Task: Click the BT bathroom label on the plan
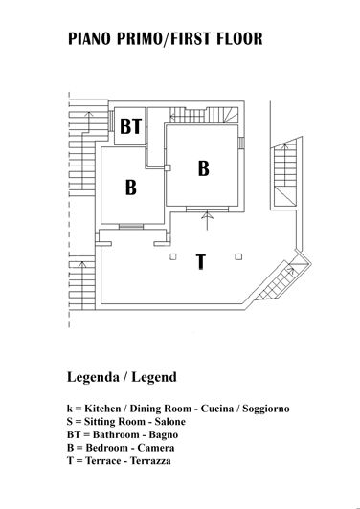(131, 125)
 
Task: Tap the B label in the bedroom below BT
(131, 188)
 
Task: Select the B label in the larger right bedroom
(203, 168)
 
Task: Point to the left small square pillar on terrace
(172, 255)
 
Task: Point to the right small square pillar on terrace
(238, 255)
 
